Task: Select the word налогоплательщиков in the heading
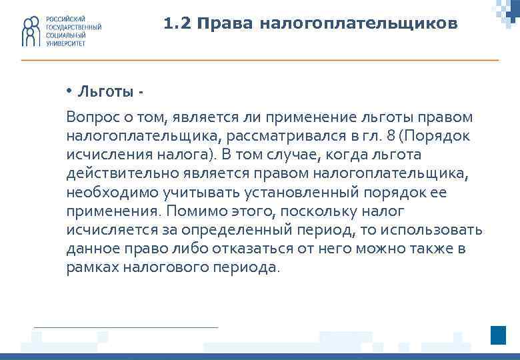coord(359,24)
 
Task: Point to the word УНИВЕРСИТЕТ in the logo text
coord(65,42)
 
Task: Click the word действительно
coord(117,174)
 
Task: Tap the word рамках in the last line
coord(89,267)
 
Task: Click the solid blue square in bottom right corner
coord(499,335)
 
